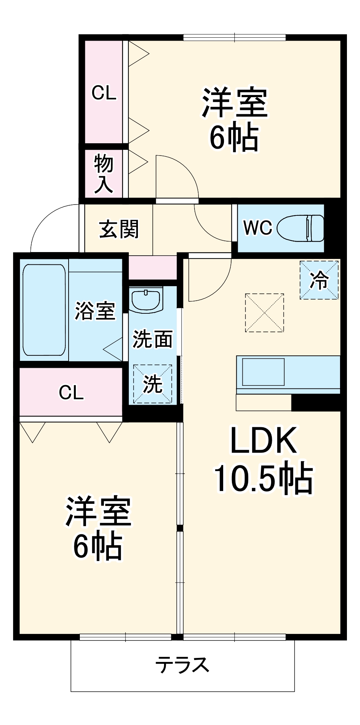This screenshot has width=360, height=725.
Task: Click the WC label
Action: pos(258,228)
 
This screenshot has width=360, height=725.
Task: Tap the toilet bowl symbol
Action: pos(300,228)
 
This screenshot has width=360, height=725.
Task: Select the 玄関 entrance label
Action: pos(119,229)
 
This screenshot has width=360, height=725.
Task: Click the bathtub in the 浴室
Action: pos(44,310)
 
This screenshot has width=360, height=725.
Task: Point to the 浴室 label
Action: pos(95,311)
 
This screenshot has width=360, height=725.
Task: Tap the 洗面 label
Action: pos(152,339)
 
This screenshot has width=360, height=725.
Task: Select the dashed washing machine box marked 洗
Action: pos(152,384)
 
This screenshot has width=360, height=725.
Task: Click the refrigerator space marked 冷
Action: pos(319,280)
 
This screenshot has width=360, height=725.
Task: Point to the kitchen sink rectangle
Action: pos(263,372)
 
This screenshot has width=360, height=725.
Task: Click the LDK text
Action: pos(263,440)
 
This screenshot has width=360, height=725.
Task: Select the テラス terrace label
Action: pos(182,665)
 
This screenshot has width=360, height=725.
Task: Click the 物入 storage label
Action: pos(104,174)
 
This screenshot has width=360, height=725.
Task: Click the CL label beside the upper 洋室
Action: pos(104,93)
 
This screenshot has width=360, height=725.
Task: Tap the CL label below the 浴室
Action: pos(71,392)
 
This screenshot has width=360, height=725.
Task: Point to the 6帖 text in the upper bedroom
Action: pos(234,138)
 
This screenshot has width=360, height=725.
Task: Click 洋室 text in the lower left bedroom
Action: pos(98,511)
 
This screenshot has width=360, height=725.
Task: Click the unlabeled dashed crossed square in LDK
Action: pos(264,313)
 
